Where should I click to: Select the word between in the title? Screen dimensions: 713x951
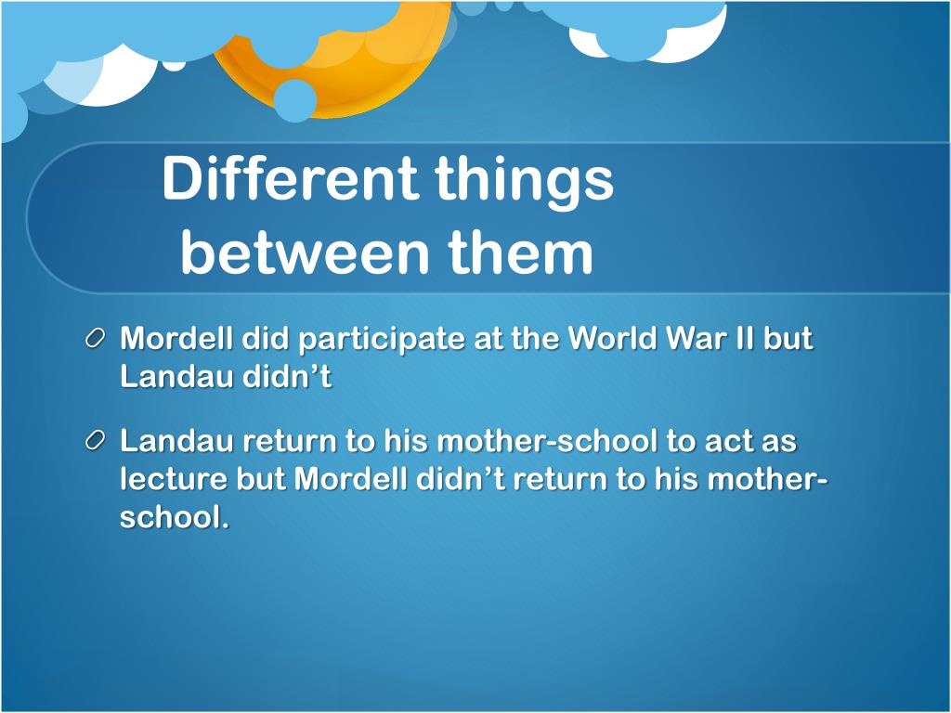(x=306, y=253)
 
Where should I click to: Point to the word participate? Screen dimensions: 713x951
(x=381, y=340)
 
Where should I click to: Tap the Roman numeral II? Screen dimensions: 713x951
(x=742, y=339)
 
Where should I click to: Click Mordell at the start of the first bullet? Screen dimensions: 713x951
(x=176, y=339)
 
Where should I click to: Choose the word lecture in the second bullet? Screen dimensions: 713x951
(x=173, y=479)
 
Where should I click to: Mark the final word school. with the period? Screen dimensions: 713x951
(x=174, y=517)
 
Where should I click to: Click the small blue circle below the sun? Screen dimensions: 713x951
(x=296, y=100)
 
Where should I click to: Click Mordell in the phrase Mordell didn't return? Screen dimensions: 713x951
(x=350, y=479)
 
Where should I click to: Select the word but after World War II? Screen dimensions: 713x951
(x=788, y=339)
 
